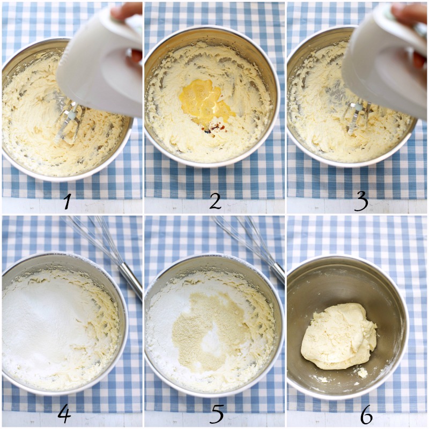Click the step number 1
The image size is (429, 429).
coord(68,202)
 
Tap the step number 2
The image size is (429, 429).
coord(215,202)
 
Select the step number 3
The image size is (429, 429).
coord(361,203)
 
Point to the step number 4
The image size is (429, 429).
coord(64,415)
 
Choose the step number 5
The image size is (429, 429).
coord(217,414)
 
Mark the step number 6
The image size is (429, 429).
coord(366,415)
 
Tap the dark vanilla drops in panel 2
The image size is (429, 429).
coord(211,128)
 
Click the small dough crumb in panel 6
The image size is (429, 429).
coord(363,373)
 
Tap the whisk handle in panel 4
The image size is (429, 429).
coord(130,281)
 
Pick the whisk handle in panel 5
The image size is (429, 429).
coord(277,273)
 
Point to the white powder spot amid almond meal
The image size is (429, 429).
coord(211,339)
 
